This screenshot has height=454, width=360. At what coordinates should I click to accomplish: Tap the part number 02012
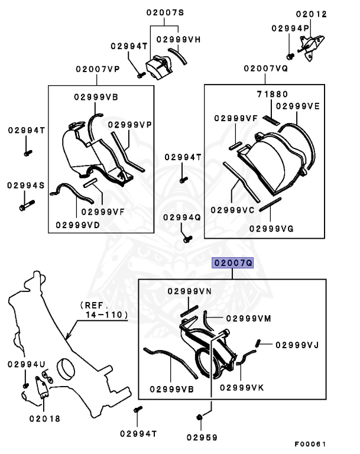pos(311,13)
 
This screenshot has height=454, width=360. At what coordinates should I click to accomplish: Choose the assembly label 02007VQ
pos(265,69)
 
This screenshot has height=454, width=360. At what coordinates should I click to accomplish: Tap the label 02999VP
pos(130,125)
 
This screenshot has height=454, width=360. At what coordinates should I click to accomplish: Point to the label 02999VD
pos(77,224)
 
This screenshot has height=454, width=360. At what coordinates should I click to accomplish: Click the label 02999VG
pos(271,228)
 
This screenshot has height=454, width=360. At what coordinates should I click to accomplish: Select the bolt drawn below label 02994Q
pos(187,239)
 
